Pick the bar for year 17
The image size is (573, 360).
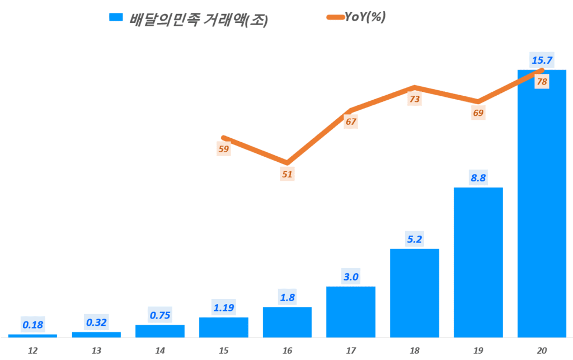(x=350, y=312)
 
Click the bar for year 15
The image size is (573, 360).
(x=223, y=327)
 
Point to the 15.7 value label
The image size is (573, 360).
(x=542, y=59)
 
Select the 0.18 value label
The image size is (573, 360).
(x=32, y=324)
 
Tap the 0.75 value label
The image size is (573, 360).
(x=160, y=315)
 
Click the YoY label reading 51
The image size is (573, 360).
(x=287, y=174)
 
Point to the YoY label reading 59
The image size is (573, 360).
(x=223, y=149)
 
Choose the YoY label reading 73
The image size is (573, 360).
(x=414, y=99)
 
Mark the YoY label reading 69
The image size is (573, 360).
(x=478, y=113)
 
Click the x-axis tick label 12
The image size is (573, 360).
(x=32, y=350)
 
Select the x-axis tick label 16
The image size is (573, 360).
(x=287, y=350)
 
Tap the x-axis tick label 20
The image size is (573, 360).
(x=542, y=350)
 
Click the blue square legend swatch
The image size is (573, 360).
(x=115, y=17)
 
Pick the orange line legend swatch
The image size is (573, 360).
(x=337, y=17)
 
